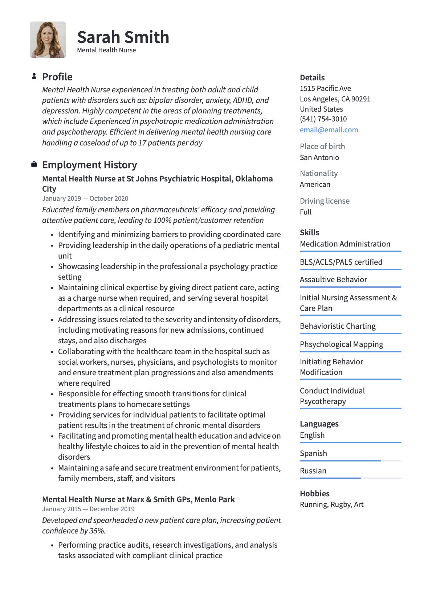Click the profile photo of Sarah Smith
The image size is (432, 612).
(x=48, y=40)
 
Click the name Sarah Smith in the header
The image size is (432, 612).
(x=123, y=37)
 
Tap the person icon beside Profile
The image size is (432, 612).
(x=34, y=76)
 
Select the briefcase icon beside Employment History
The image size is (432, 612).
(x=34, y=164)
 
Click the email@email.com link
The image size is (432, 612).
(x=329, y=130)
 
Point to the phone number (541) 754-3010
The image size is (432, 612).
(x=323, y=119)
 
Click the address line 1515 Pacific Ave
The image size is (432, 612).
(x=325, y=88)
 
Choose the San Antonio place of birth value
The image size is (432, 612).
(x=319, y=157)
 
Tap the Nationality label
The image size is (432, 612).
(x=319, y=173)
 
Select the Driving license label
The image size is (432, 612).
(x=325, y=201)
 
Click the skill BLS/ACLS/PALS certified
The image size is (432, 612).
(x=341, y=262)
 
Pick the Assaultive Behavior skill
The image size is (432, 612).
(x=333, y=280)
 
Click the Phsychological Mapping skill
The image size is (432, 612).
(x=341, y=344)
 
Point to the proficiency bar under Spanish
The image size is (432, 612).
(x=350, y=461)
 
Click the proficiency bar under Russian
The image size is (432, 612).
(x=350, y=478)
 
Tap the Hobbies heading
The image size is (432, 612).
(x=314, y=493)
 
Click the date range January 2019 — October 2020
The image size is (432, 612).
(x=85, y=199)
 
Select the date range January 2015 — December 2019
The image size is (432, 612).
(x=88, y=509)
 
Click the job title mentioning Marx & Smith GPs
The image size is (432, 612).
(x=138, y=499)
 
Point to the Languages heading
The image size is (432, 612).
(x=319, y=424)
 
